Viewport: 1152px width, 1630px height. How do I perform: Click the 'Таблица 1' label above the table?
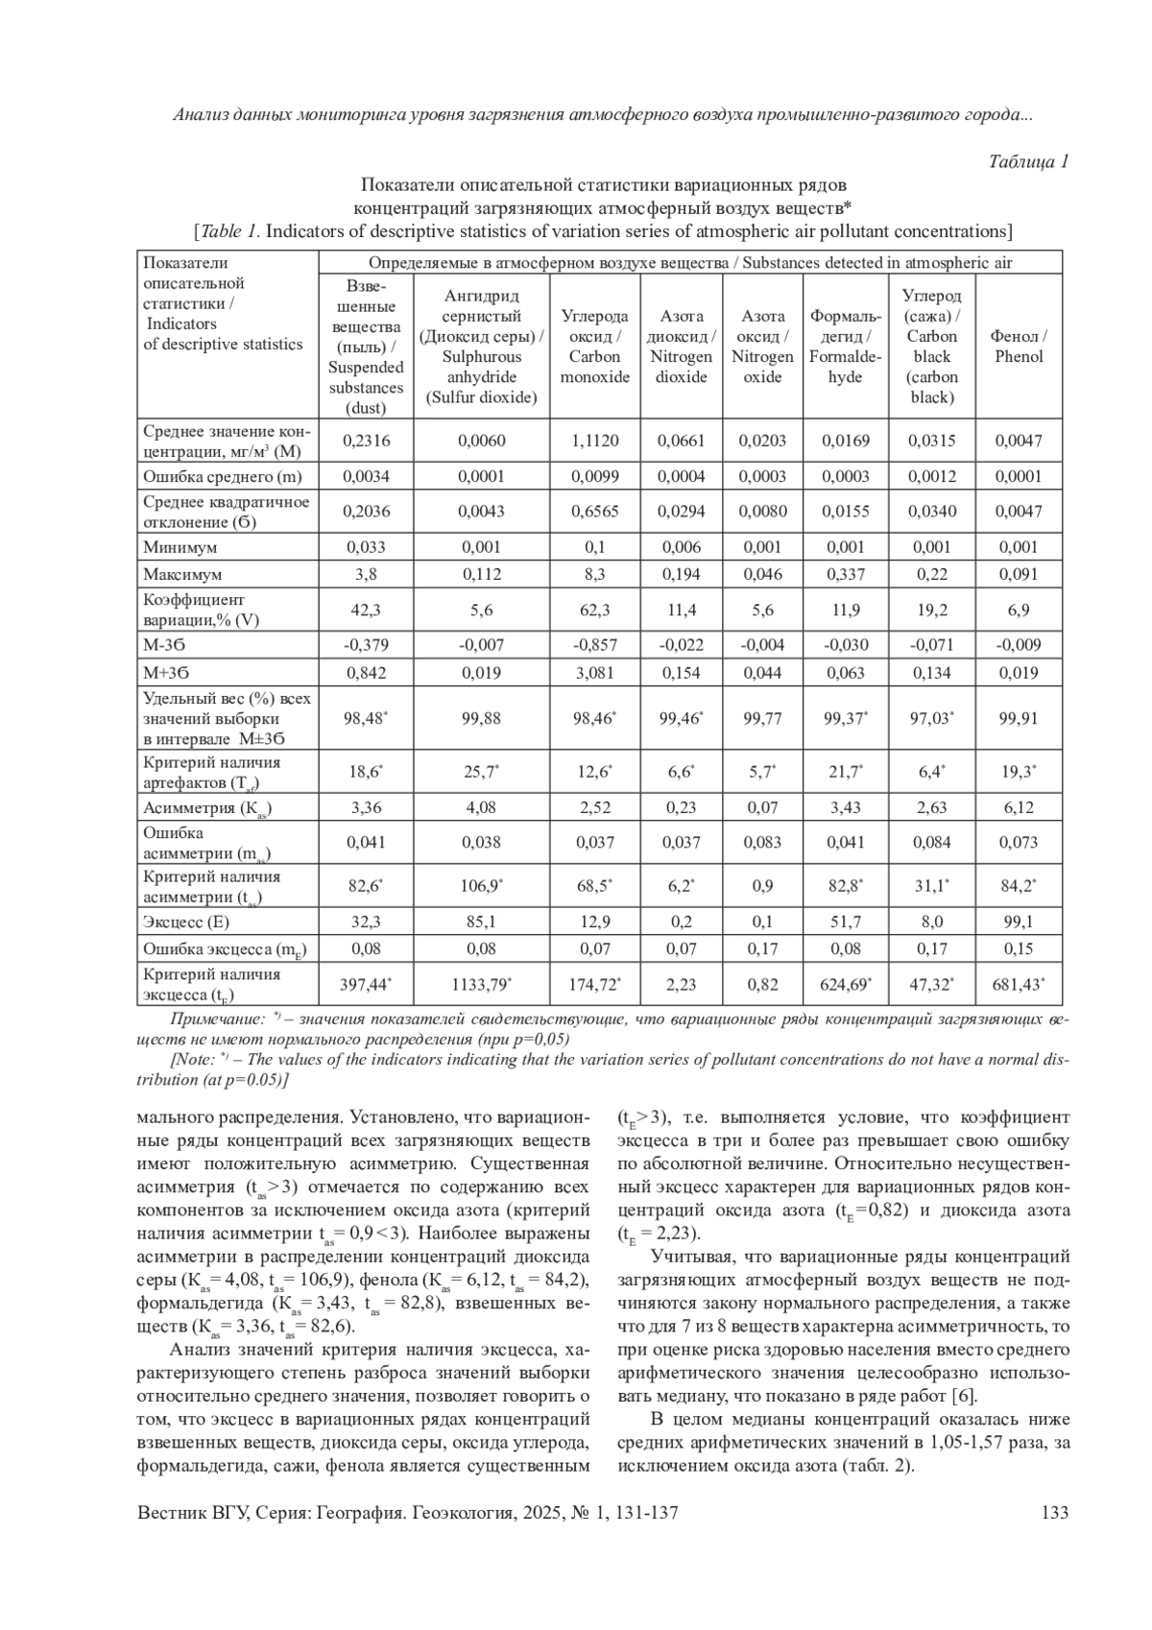tap(1028, 161)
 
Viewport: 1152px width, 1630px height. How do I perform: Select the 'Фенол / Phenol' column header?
tap(1018, 347)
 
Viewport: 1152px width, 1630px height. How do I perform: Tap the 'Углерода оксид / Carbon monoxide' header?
tap(594, 347)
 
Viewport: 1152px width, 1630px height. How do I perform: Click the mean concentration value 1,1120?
tap(594, 441)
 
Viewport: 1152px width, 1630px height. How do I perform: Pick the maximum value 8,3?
tap(594, 574)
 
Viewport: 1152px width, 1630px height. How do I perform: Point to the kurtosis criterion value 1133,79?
tap(480, 985)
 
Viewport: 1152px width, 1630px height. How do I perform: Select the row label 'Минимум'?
tap(180, 547)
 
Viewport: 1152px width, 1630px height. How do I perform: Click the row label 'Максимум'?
tap(182, 574)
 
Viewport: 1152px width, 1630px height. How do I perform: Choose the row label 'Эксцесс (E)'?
tap(186, 922)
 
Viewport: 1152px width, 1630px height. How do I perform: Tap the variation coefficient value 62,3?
tap(594, 610)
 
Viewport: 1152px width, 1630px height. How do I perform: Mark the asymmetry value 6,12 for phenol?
tap(1018, 807)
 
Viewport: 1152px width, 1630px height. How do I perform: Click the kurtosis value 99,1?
tap(1018, 922)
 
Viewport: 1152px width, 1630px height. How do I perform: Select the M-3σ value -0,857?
tap(594, 645)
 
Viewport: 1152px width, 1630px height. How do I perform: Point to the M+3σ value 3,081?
tap(594, 673)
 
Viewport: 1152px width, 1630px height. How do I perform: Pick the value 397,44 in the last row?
tap(365, 985)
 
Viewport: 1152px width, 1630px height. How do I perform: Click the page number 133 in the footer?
tap(1054, 1513)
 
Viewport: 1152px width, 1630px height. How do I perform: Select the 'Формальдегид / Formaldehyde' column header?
tap(845, 347)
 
